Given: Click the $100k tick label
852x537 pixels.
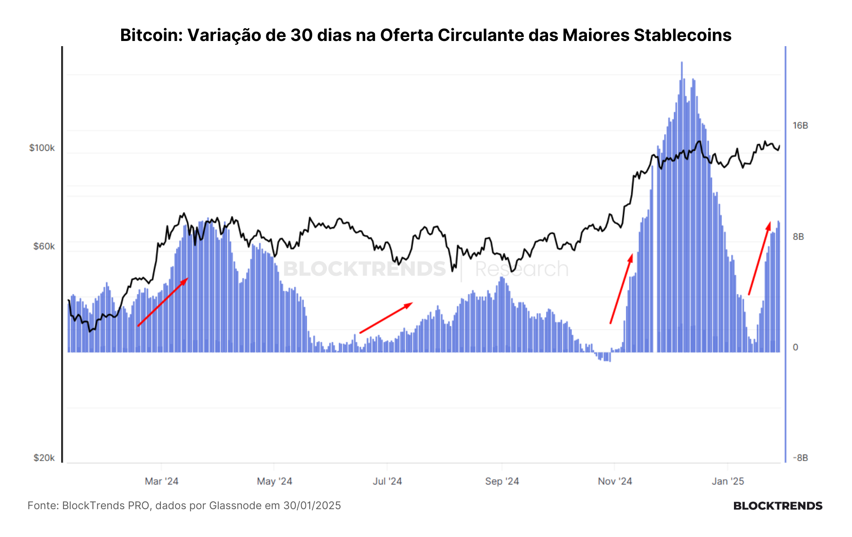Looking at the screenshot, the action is [x=42, y=148].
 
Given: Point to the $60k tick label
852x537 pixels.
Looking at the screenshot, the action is [x=44, y=246].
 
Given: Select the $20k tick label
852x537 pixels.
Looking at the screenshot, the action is [x=44, y=458].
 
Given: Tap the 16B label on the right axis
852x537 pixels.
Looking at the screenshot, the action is [x=800, y=126].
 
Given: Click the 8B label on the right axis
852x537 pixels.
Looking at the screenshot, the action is [x=798, y=237].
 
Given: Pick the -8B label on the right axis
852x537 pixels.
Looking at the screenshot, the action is [x=800, y=458].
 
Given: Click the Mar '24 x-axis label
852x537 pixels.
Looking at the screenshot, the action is [x=161, y=481].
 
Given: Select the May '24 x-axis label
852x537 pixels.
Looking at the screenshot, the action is [x=275, y=481].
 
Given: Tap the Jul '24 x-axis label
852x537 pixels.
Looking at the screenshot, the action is [x=387, y=481].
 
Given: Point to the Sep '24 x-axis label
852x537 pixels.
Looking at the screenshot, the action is [x=502, y=481].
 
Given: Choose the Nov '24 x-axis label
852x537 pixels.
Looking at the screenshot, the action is [x=615, y=481].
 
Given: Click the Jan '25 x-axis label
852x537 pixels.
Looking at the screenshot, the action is [x=728, y=481].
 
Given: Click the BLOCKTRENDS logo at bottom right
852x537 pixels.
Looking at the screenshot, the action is [x=778, y=506].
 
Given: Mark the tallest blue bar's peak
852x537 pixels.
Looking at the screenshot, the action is [x=682, y=62].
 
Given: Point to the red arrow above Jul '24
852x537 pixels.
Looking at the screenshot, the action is [x=386, y=318].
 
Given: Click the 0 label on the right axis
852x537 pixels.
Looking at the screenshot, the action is [x=795, y=347].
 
